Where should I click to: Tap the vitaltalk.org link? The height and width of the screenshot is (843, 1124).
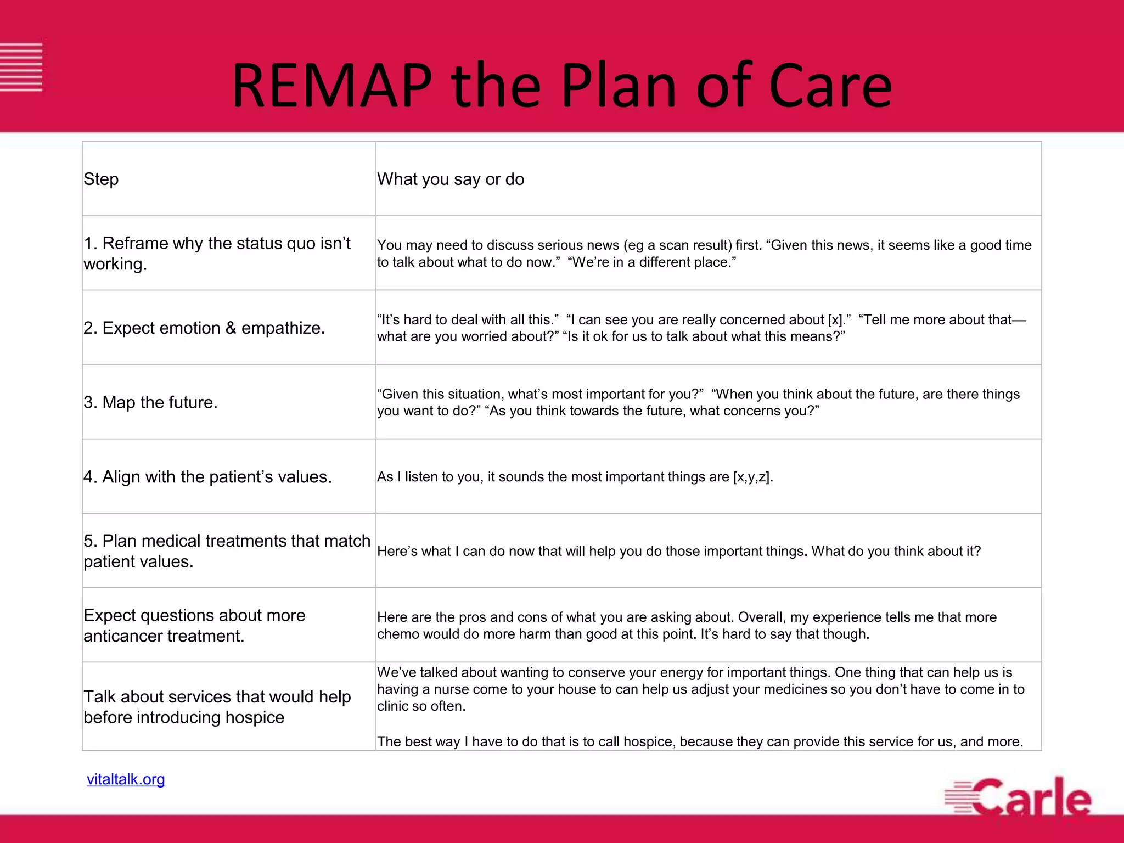click(x=126, y=779)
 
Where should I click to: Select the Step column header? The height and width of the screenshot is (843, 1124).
click(x=101, y=179)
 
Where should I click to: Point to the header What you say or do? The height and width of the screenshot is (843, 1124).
click(x=451, y=179)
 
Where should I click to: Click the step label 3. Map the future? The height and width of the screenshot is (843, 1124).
click(x=150, y=402)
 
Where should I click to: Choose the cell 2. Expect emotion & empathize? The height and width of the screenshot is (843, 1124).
click(x=204, y=328)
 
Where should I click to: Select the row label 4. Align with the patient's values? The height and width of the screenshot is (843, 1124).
click(x=207, y=477)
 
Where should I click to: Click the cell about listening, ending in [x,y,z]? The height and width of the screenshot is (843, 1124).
click(x=575, y=477)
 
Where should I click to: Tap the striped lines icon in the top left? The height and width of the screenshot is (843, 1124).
click(x=21, y=67)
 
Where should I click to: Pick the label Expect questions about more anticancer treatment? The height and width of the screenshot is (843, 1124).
click(x=194, y=626)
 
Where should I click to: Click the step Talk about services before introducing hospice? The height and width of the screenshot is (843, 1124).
click(x=217, y=707)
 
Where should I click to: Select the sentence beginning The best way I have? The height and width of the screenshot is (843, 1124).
click(x=700, y=741)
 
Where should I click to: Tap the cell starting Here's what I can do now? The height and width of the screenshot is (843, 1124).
click(x=678, y=551)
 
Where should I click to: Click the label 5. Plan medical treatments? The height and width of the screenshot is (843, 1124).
click(x=227, y=551)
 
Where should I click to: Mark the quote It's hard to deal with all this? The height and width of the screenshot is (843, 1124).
click(x=468, y=319)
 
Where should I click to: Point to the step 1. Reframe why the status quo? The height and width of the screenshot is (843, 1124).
click(x=217, y=254)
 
